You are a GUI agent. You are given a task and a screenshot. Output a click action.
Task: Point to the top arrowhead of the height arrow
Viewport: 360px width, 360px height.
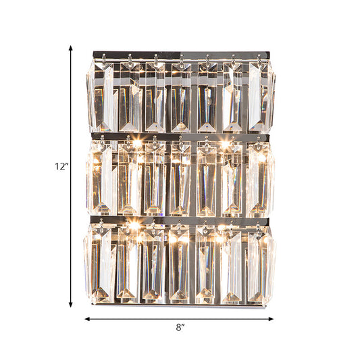coord(70,47)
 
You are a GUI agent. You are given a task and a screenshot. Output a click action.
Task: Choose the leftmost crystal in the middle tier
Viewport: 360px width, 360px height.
coord(101,179)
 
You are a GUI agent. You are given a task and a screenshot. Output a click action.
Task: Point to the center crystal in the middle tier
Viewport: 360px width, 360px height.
coord(180,179)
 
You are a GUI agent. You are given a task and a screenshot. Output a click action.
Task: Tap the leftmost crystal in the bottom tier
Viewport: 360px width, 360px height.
coord(101,263)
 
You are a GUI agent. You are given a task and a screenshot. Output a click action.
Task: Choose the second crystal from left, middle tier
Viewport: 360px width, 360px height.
coord(128,179)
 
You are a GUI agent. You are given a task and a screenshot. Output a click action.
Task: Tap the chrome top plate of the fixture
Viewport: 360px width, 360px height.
coord(180,53)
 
